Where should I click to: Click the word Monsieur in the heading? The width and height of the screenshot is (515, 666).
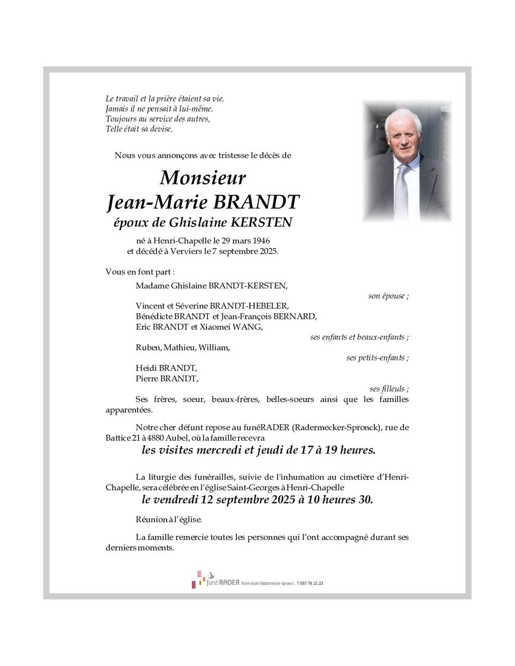point(203,178)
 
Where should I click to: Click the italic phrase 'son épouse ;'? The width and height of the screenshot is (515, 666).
point(388,296)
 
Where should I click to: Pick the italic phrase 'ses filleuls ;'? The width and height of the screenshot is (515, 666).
point(388,389)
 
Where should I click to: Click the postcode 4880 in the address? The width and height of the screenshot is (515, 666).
point(152,438)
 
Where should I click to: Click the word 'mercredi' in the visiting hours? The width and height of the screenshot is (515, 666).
point(218,450)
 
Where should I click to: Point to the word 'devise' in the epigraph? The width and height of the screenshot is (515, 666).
point(160,129)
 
